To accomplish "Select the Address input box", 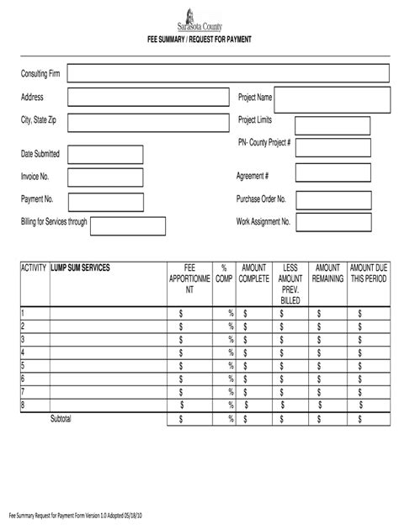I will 147,98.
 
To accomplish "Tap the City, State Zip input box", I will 147,123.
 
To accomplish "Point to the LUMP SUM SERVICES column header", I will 81,268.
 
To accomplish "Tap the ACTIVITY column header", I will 34,268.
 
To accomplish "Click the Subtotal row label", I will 61,418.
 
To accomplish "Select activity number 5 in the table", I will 23,366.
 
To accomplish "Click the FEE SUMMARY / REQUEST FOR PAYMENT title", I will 199,40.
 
